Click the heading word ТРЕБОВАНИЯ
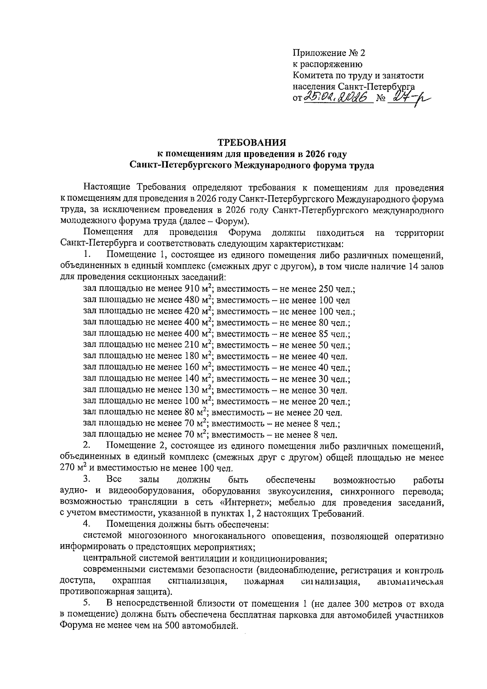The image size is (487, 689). pyautogui.click(x=252, y=143)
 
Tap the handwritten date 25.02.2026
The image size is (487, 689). pyautogui.click(x=338, y=97)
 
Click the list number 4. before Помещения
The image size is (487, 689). pyautogui.click(x=86, y=525)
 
